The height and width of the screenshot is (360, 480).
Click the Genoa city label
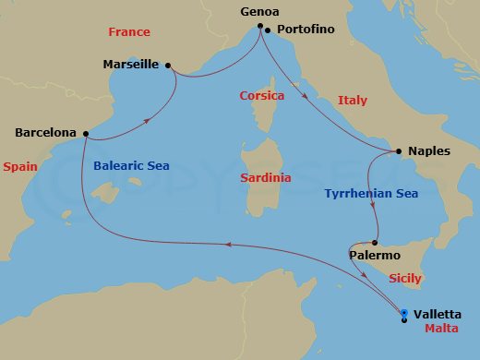point(259,12)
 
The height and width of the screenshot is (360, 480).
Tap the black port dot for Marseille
point(168,65)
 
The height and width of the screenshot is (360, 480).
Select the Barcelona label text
point(45,133)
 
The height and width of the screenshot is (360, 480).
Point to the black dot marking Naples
point(398,150)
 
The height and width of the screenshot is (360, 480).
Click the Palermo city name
point(374,254)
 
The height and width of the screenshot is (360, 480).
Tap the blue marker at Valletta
point(404,313)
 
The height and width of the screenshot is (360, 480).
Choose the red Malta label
point(441,329)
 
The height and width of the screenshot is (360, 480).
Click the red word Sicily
point(406,278)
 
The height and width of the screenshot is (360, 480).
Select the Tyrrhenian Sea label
point(371,194)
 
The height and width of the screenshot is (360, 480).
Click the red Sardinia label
point(265,177)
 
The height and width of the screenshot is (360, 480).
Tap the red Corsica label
point(261,95)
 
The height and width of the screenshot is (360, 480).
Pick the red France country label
point(128,31)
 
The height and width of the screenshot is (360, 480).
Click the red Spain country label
point(20,167)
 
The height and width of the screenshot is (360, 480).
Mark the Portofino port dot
point(267,30)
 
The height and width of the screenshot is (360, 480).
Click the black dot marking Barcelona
point(84,133)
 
